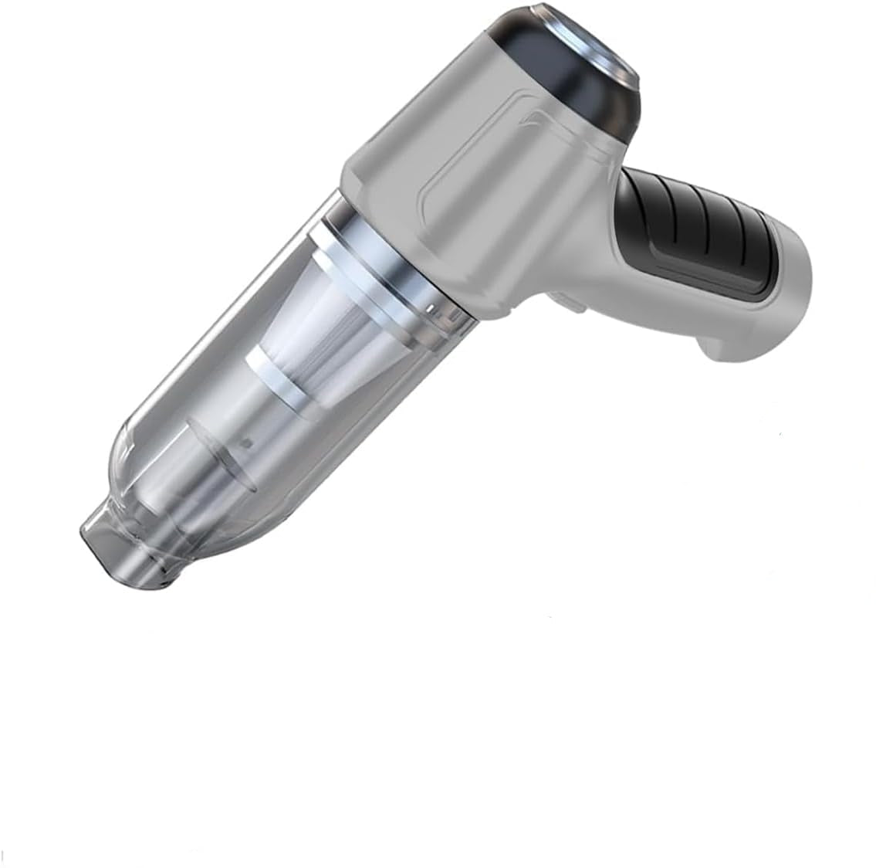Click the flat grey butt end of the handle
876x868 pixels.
[x=780, y=309]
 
